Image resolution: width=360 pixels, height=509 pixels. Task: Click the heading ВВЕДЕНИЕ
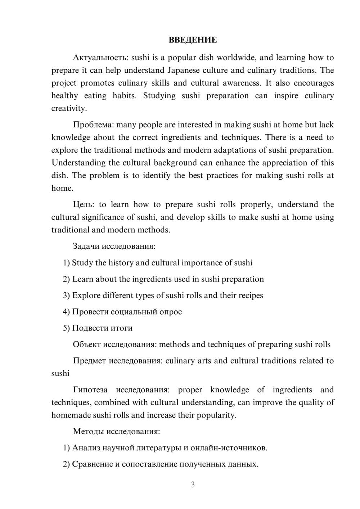[193, 40]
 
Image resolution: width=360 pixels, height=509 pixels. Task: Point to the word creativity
[69, 108]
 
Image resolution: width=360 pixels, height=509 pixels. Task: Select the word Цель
[84, 204]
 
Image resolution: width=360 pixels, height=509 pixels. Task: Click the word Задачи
[86, 247]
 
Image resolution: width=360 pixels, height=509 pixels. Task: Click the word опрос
[171, 312]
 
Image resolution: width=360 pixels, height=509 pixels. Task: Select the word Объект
[87, 344]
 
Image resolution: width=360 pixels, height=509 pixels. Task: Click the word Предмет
[89, 361]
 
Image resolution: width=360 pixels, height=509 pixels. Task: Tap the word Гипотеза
[90, 390]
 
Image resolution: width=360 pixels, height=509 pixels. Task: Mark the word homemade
[71, 415]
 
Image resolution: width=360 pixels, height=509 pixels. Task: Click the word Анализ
[86, 448]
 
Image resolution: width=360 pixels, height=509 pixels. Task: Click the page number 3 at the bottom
[193, 485]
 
